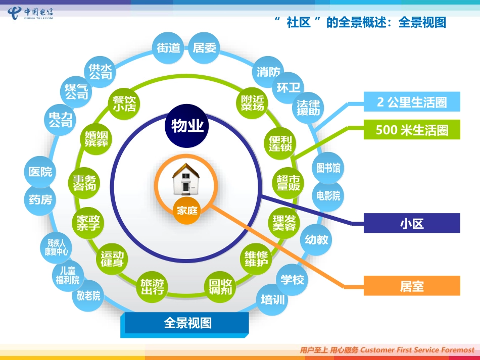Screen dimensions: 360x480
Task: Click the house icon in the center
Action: [x=186, y=180]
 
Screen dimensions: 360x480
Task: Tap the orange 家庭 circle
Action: [x=186, y=211]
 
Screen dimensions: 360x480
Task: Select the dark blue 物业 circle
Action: [x=187, y=125]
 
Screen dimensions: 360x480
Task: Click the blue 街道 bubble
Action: [x=169, y=47]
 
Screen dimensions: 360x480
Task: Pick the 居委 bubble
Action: [x=205, y=47]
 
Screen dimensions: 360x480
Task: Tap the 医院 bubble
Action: [x=40, y=172]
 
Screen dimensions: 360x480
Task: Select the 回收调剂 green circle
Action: [x=220, y=287]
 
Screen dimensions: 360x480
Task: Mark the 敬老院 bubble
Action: [x=89, y=296]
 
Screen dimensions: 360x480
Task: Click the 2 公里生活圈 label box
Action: [x=412, y=102]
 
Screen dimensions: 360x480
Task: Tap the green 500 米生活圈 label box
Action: [x=412, y=130]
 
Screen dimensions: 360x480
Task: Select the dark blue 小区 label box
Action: [x=412, y=223]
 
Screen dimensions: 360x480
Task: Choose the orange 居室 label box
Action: [x=412, y=286]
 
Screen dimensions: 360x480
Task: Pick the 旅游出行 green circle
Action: [x=152, y=287]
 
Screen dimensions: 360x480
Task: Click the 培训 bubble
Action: [x=273, y=300]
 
